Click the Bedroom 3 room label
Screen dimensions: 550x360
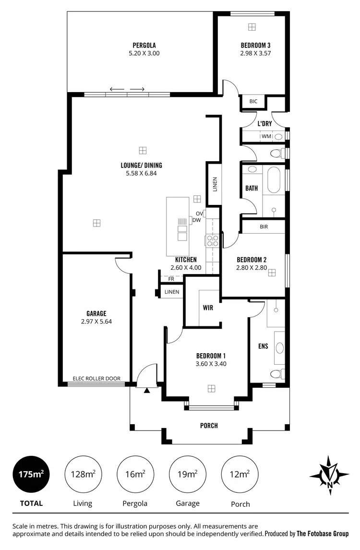(255, 46)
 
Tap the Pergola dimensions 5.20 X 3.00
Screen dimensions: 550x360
(144, 53)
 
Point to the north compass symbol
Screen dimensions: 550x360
(329, 475)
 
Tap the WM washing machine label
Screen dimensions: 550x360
(266, 137)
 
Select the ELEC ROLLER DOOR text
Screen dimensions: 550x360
(96, 378)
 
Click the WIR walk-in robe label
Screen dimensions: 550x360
(208, 308)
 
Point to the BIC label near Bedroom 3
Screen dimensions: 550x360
(253, 101)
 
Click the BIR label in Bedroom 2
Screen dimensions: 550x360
(264, 226)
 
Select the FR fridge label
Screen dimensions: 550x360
(171, 279)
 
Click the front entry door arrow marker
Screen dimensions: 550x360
(147, 390)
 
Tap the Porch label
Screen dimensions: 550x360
(209, 425)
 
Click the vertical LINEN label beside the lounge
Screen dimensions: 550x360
(215, 185)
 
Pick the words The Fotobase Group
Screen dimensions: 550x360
(323, 533)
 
